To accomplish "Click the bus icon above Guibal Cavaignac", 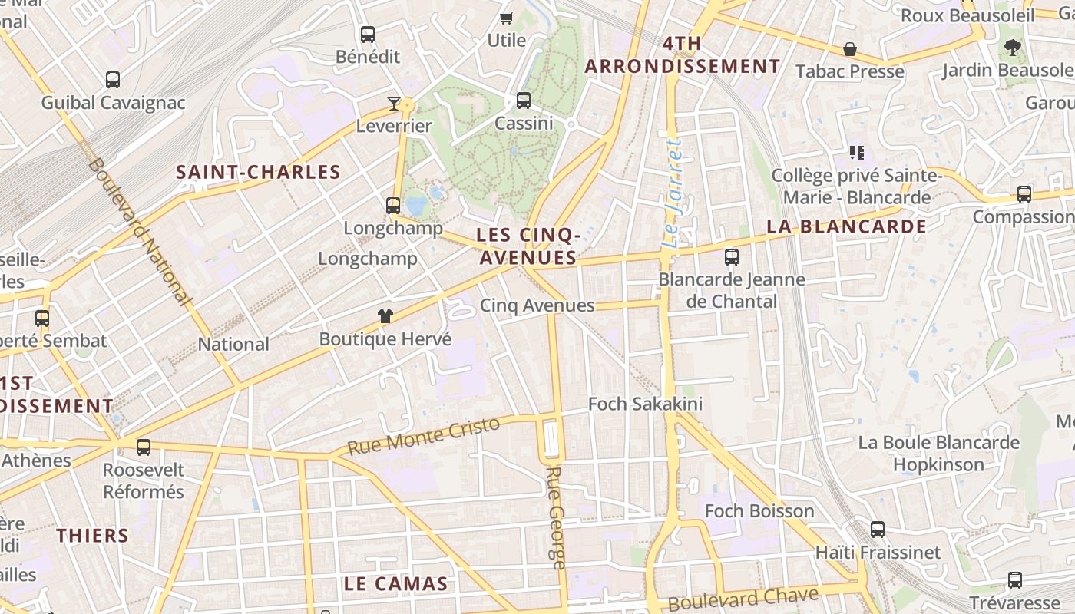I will [x=113, y=79].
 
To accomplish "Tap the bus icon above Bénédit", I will [x=368, y=34].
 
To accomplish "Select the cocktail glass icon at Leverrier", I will [x=394, y=103].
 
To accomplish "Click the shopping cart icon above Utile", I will [x=506, y=18].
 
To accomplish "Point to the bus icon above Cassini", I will [x=524, y=100].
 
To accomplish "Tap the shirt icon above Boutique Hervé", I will [x=385, y=315].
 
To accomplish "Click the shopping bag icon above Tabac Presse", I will [x=850, y=49].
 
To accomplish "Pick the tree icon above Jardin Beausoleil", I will [x=1013, y=47].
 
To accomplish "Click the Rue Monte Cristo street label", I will [x=423, y=435].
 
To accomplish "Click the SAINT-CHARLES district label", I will [x=258, y=172].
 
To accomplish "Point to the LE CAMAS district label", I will [x=395, y=583].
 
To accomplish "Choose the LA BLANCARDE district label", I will [x=846, y=226].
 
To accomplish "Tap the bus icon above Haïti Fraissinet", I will [x=878, y=529].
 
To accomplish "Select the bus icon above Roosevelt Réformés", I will [x=144, y=447].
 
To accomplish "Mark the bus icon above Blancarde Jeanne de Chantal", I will [x=732, y=256].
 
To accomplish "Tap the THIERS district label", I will [x=92, y=535].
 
